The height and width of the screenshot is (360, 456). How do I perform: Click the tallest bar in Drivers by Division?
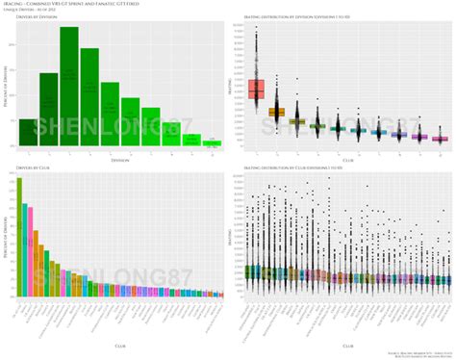click(x=69, y=87)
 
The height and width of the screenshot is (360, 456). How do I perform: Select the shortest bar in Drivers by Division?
click(x=213, y=142)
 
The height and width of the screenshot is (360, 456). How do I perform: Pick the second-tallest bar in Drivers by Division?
click(x=89, y=97)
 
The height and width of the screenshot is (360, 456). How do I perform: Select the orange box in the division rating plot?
click(x=276, y=113)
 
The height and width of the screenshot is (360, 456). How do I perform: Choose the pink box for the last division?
click(x=440, y=138)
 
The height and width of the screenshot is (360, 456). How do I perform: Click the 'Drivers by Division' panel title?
click(x=33, y=20)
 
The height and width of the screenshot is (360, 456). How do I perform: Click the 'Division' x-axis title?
click(x=118, y=160)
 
